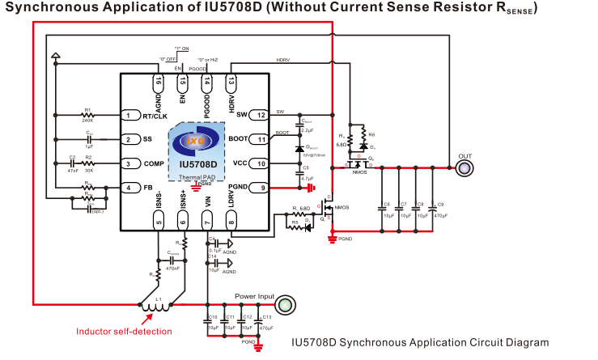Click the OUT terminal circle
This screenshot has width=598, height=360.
pyautogui.click(x=464, y=167)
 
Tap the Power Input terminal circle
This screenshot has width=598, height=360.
pyautogui.click(x=284, y=304)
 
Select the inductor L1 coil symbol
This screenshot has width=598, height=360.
pyautogui.click(x=151, y=307)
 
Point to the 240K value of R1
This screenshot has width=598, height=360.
pyautogui.click(x=87, y=121)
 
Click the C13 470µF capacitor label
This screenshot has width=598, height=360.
pyautogui.click(x=267, y=322)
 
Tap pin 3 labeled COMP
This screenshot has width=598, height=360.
pyautogui.click(x=129, y=163)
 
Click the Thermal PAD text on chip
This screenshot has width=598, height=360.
pyautogui.click(x=193, y=176)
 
